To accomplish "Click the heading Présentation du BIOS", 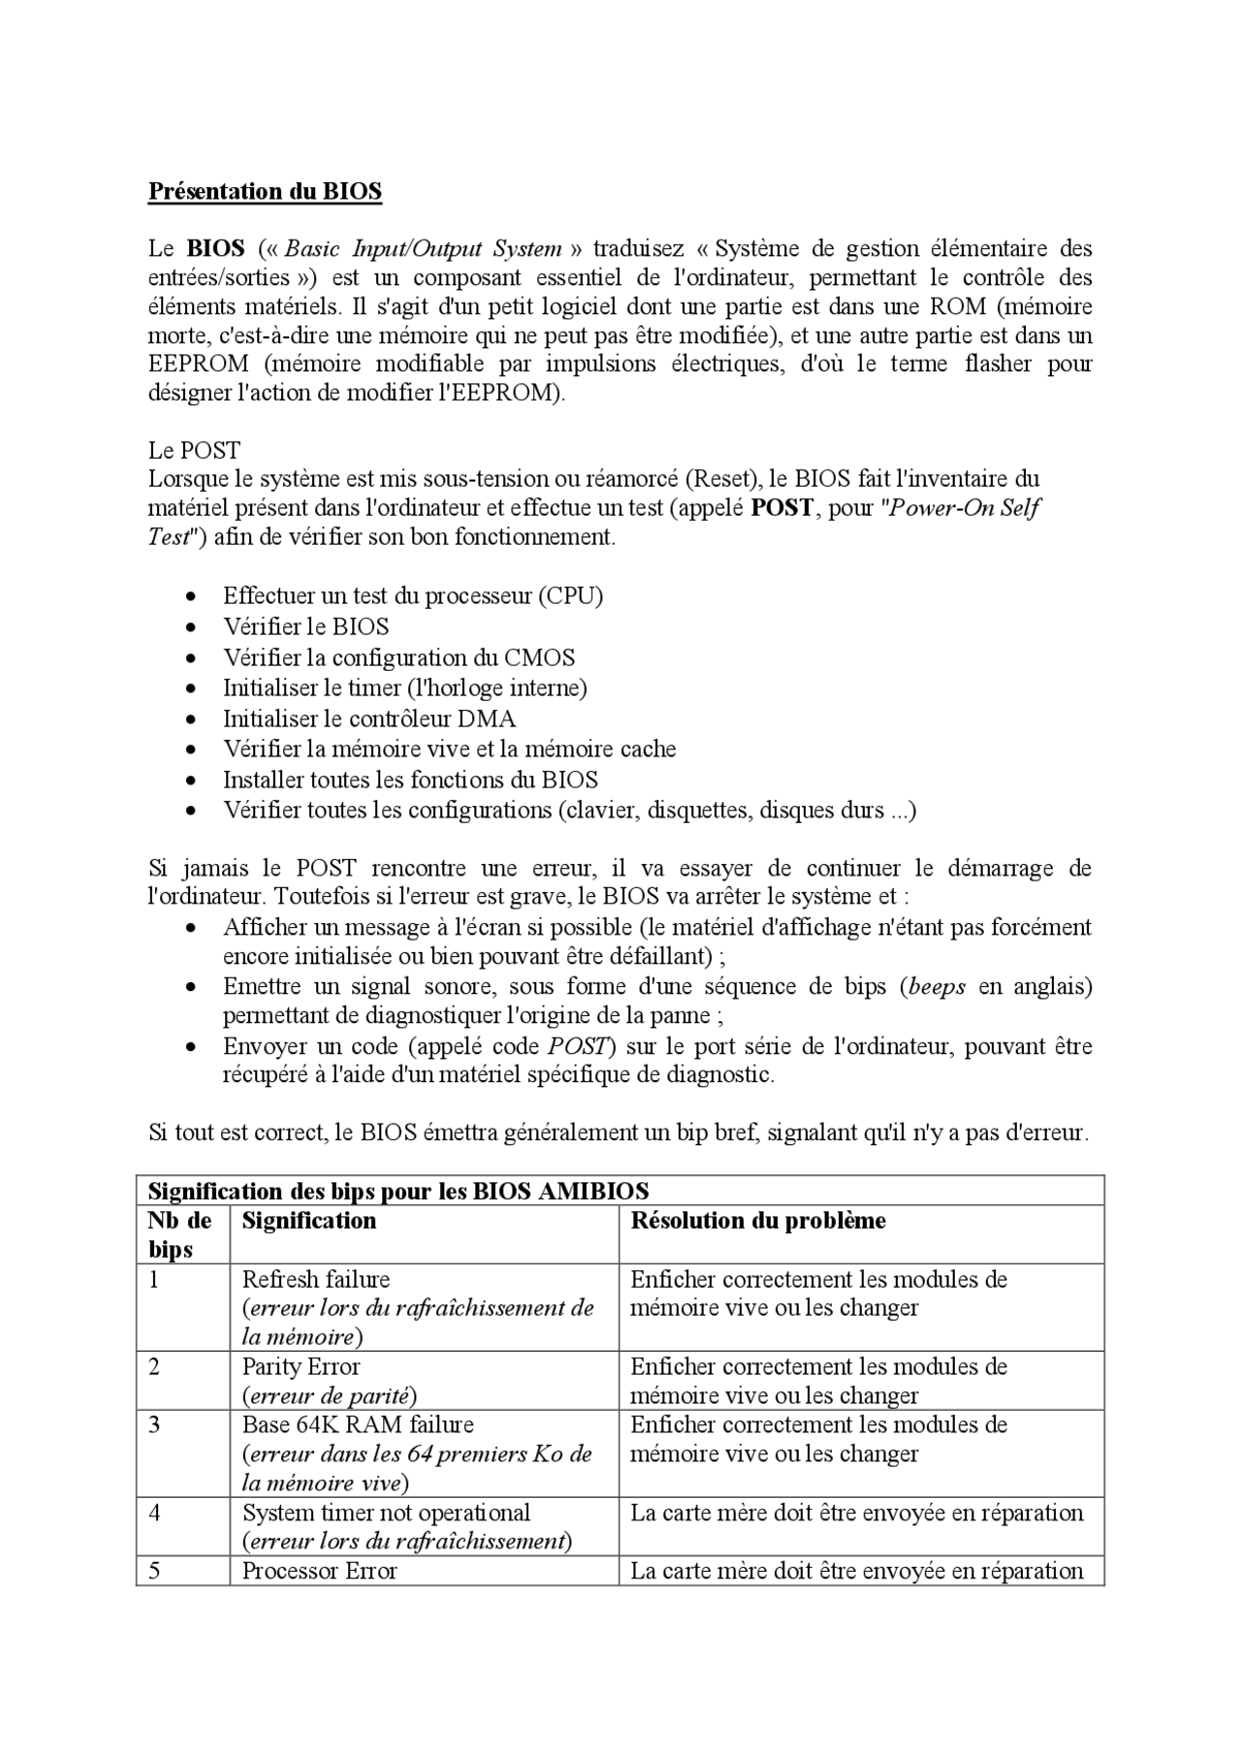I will coord(265,191).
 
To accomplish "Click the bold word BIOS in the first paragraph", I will coord(215,248).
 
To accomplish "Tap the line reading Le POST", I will coord(194,450).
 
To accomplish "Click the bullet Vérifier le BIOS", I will coord(305,626).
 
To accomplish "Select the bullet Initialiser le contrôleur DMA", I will coord(369,718).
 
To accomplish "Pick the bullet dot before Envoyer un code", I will coord(193,1047).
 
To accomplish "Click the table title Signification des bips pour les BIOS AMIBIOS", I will coord(398,1191).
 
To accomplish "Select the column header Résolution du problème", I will coord(758,1221).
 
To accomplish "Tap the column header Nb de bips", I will coord(179,1234).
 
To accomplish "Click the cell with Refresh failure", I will coord(316,1279).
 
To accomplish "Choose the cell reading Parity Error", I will coord(301,1367).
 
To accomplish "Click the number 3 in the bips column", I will coord(155,1425).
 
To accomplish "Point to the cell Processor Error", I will coord(319,1571).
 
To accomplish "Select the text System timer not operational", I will coord(386,1513).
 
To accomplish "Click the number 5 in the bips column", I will coord(155,1571).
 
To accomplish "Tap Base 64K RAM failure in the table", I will coord(358,1425).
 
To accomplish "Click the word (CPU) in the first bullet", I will coord(571,595).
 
